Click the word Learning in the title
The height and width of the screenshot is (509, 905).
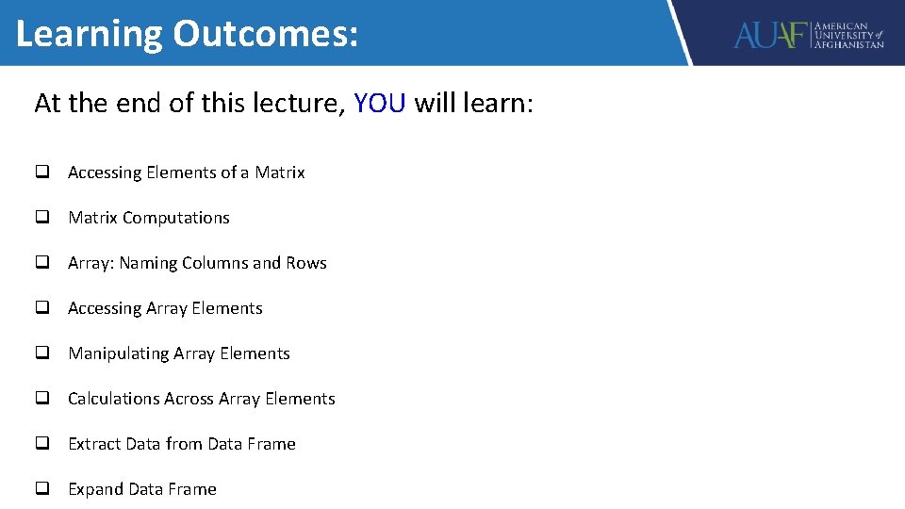[x=90, y=35]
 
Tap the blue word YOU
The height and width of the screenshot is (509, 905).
[x=380, y=103]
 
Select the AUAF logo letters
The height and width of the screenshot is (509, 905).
[x=771, y=36]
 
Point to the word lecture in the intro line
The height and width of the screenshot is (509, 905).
[x=289, y=103]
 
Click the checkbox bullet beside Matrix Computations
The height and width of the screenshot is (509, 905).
[x=42, y=218]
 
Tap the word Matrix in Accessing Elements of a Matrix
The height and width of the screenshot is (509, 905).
[x=280, y=172]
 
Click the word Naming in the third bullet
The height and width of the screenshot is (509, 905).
[x=148, y=263]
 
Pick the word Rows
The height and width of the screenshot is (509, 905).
[x=306, y=263]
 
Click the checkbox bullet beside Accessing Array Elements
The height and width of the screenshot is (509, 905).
[x=42, y=308]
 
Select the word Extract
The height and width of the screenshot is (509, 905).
[x=94, y=444]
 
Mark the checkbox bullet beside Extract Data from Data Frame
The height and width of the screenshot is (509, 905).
[x=42, y=444]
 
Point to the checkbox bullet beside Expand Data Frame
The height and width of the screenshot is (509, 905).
[x=42, y=489]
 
